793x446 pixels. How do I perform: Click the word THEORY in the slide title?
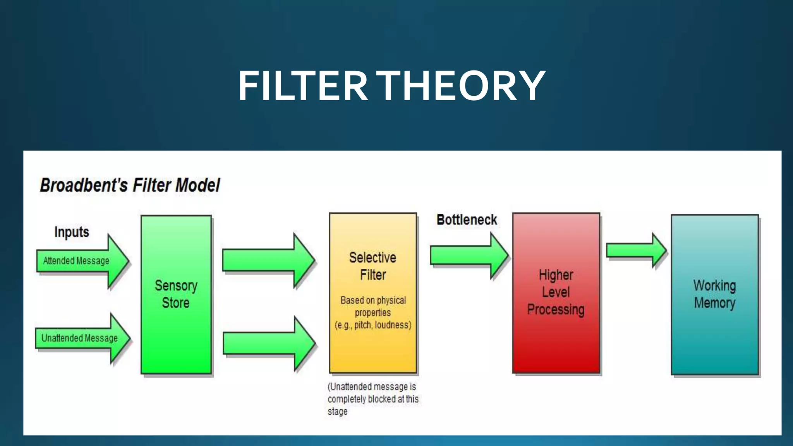461,86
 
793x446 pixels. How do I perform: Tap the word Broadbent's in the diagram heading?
84,185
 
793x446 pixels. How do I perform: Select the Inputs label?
72,232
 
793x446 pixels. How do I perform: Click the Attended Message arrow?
81,261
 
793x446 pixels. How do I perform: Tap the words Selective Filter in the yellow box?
372,266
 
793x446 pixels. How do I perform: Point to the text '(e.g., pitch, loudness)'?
373,325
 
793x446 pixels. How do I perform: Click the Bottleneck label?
467,220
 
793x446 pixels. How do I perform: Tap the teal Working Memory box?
714,341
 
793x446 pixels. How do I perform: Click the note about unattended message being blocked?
372,399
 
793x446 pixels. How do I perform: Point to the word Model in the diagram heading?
197,185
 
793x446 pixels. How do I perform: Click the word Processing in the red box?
556,309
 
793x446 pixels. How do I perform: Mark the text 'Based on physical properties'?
373,306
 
